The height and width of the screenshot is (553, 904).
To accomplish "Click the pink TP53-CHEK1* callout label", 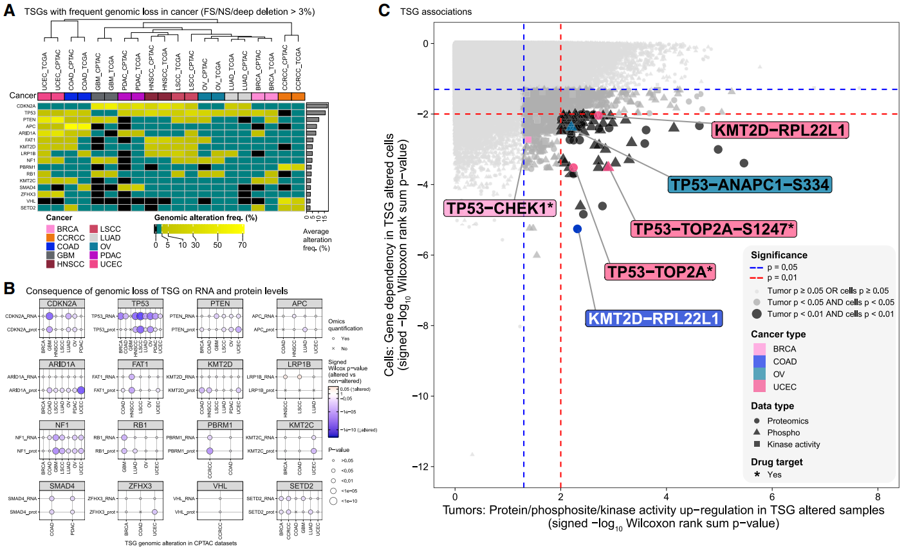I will pos(500,208).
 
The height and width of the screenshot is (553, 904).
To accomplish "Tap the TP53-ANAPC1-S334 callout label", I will pos(750,185).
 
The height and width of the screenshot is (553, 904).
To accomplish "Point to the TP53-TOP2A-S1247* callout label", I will pos(714,229).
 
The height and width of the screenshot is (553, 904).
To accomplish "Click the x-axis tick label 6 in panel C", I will pos(771,497).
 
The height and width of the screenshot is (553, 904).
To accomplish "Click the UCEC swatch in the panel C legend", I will pos(759,386).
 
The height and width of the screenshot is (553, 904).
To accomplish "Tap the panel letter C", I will pos(383,10).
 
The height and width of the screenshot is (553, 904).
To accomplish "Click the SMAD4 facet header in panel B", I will pos(62,486).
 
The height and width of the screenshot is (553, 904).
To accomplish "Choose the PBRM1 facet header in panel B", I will pos(220,425).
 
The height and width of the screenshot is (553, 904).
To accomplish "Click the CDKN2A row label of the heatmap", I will pos(27,106).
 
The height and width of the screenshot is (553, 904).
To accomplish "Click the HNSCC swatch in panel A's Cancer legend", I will pos(50,264).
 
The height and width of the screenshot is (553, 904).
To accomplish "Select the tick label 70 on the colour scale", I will pos(242,245).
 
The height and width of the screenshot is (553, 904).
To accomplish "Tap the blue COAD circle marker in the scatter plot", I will pos(577,229).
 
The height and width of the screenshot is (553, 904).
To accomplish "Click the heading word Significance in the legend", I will pos(779,255).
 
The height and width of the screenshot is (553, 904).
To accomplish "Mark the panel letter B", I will pos(9,288).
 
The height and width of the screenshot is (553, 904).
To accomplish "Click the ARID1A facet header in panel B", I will pos(62,364).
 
